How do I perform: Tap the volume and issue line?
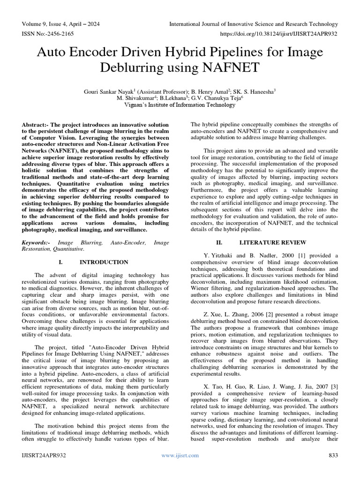coord(60,24)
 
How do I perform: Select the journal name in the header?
coord(253,24)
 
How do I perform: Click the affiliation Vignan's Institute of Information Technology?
coord(180,105)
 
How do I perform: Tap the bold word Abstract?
coord(36,125)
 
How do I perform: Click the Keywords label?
coord(38,243)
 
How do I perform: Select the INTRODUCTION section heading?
coord(104,262)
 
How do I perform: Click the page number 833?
coord(333,455)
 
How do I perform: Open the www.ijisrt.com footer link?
coord(180,455)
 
